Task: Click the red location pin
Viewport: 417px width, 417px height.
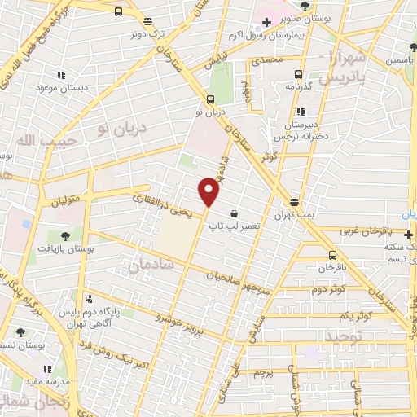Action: (x=210, y=191)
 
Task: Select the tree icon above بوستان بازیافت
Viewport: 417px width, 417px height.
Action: (x=63, y=235)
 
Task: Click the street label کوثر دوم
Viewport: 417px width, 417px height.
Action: (x=327, y=288)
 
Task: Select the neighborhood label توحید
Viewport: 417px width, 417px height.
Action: (x=342, y=336)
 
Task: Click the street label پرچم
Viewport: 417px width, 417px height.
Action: (x=261, y=372)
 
